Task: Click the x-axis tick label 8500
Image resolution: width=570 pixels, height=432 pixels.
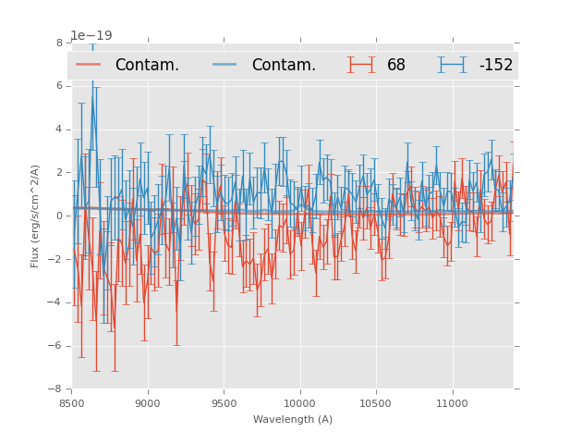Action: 71,404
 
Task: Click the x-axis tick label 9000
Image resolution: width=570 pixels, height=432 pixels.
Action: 148,404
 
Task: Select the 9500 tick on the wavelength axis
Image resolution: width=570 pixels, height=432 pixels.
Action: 224,404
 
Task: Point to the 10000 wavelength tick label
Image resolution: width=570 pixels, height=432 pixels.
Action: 299,404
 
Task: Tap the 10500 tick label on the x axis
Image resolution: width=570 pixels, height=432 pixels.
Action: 376,404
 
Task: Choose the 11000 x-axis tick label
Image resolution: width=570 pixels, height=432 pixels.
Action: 452,404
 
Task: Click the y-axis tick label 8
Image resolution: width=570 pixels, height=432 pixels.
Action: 59,43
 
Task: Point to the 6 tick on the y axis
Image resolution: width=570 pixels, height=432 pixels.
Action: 59,86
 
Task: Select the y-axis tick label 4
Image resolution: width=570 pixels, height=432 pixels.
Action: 59,130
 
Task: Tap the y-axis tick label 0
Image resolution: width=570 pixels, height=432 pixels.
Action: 59,216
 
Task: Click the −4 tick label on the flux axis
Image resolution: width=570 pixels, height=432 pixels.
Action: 56,302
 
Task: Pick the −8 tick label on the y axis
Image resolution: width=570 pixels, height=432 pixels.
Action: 56,389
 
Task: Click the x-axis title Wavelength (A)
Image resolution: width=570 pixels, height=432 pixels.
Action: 293,420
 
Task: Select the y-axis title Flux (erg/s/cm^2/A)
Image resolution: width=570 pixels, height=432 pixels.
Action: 35,216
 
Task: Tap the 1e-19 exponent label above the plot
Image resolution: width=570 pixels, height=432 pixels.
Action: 91,36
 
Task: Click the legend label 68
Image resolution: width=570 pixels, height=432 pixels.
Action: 396,66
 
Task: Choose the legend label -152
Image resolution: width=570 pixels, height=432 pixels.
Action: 495,66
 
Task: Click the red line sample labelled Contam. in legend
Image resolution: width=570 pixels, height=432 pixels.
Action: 89,65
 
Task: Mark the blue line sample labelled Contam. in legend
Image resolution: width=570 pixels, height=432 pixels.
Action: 224,65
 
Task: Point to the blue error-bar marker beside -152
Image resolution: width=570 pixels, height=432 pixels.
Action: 453,65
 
